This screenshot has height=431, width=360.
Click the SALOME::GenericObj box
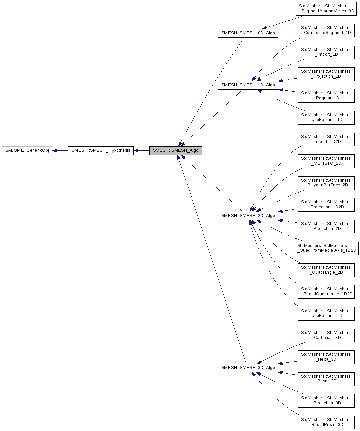pos(27,151)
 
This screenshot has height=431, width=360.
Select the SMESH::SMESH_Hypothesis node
pos(101,151)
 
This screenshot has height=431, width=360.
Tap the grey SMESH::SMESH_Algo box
pos(175,151)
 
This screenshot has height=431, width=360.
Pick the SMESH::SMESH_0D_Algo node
pos(248,33)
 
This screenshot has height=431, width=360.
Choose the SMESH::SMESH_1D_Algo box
pos(248,85)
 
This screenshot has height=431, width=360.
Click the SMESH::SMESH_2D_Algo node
pos(248,216)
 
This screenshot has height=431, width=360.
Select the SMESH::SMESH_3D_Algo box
pos(248,368)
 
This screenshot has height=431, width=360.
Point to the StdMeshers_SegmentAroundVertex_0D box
pos(326,9)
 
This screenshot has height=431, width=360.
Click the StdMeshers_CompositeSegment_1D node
pos(326,30)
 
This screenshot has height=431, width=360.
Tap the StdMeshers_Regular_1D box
pos(326,96)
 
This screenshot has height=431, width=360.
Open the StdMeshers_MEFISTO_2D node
pos(326,161)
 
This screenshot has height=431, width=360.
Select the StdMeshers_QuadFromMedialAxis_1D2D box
pos(326,248)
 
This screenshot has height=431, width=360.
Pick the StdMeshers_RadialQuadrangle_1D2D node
pos(326,292)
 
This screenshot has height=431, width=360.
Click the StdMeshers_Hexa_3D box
pos(326,357)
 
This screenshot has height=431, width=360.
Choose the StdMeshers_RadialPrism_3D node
pos(326,422)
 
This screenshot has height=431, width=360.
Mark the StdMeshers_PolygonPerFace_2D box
pos(326,183)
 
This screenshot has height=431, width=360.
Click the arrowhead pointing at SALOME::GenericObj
pos(55,151)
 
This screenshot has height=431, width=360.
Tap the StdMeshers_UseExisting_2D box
pos(326,314)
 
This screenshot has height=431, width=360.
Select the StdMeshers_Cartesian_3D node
pos(326,335)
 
